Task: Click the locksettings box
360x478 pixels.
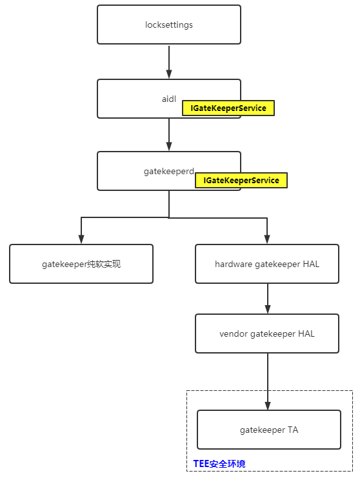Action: [168, 25]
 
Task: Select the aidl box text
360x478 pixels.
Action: [168, 99]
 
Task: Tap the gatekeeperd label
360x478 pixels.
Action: [168, 171]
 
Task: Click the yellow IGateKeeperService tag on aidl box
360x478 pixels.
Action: [228, 108]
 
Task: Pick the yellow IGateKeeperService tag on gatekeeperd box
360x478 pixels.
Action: [241, 181]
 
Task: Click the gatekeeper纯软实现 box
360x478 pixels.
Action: [81, 264]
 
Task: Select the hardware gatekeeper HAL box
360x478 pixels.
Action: [267, 264]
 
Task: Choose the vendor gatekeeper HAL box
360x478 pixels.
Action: [267, 334]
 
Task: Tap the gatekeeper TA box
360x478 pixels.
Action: [269, 430]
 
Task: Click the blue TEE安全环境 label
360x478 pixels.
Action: [219, 464]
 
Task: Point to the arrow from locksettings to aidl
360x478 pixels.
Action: [169, 62]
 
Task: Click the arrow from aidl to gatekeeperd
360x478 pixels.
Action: [169, 135]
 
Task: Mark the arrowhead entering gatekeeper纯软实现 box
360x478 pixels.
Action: [81, 239]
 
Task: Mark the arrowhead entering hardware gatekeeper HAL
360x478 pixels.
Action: [267, 239]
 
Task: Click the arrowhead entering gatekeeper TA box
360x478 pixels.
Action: [267, 405]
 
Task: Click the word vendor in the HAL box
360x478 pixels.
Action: [234, 334]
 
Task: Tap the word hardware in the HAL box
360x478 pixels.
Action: [234, 264]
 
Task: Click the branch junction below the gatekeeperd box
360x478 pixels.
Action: [169, 218]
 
